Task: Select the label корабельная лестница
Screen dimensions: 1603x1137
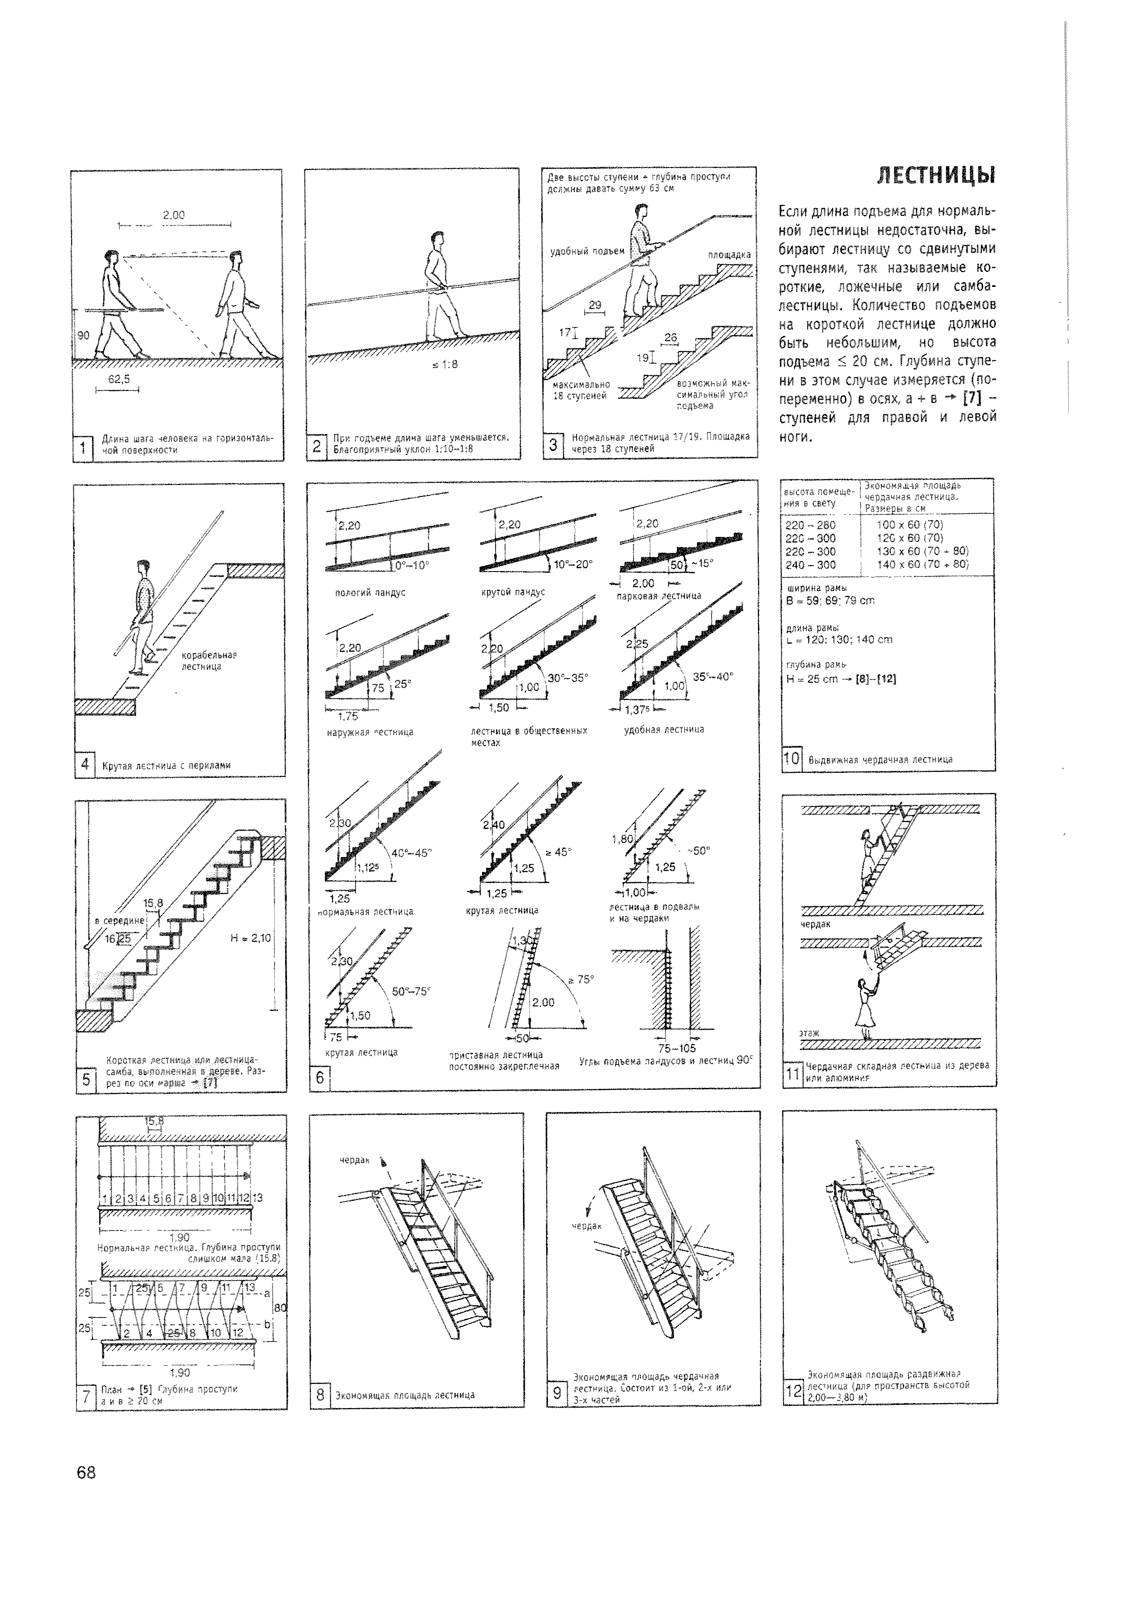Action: pyautogui.click(x=210, y=661)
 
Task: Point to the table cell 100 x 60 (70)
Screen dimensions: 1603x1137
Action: pyautogui.click(x=909, y=524)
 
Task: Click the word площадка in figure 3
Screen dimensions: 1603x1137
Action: pyautogui.click(x=729, y=255)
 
